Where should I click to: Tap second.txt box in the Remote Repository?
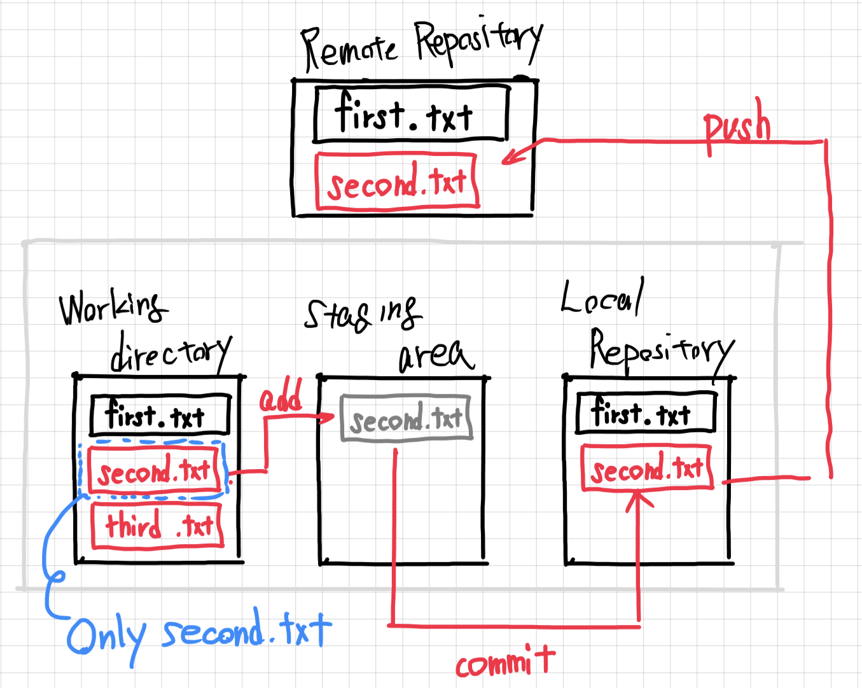click(397, 181)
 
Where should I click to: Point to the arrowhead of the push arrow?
click(506, 160)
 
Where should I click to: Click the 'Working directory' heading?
click(145, 331)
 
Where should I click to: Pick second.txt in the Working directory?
click(155, 471)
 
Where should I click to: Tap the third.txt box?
click(158, 526)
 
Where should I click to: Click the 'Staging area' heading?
click(389, 334)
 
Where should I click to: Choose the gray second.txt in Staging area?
click(407, 418)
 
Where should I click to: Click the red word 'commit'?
click(505, 662)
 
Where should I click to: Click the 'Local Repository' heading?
click(646, 328)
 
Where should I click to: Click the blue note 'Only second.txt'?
click(199, 634)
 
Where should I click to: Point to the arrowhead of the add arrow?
click(331, 418)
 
